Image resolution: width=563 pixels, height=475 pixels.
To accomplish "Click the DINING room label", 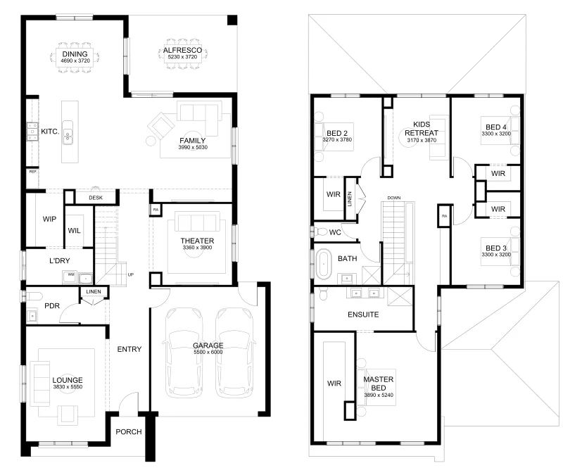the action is [x=75, y=54].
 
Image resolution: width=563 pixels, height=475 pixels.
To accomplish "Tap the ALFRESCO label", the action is [x=182, y=50].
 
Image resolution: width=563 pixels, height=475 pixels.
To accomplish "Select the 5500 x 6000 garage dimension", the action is [x=208, y=352].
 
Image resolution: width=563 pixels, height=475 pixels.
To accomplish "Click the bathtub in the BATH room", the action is [x=324, y=264].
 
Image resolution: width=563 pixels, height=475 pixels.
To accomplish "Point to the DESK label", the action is [x=96, y=198].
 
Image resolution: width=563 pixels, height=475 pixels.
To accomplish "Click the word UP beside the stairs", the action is [x=131, y=274].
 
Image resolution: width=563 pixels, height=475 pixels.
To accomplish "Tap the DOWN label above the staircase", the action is [x=394, y=198].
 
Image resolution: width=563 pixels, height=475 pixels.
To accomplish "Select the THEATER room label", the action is [x=197, y=241].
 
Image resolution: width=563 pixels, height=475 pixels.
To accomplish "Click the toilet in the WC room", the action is [x=320, y=232].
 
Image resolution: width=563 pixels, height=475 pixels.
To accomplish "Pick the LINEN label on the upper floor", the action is [x=350, y=199].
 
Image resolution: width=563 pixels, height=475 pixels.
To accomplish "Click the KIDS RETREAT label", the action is [x=422, y=129].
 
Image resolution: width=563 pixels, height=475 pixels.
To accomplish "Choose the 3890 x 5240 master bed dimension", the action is [x=379, y=395].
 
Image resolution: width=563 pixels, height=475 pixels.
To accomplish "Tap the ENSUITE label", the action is [x=363, y=315].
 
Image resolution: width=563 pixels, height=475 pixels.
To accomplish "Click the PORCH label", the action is [x=129, y=431].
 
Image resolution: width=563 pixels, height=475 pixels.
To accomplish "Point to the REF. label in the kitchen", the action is [x=33, y=172].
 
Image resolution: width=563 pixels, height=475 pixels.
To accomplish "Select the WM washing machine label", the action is [x=71, y=274].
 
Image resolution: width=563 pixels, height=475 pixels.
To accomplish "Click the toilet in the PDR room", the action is [x=32, y=296].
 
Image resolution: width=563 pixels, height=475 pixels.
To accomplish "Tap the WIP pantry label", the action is [x=49, y=219].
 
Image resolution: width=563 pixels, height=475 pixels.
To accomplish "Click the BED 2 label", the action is [x=337, y=133].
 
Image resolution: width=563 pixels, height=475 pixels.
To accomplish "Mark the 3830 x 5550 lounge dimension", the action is [x=68, y=386].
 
